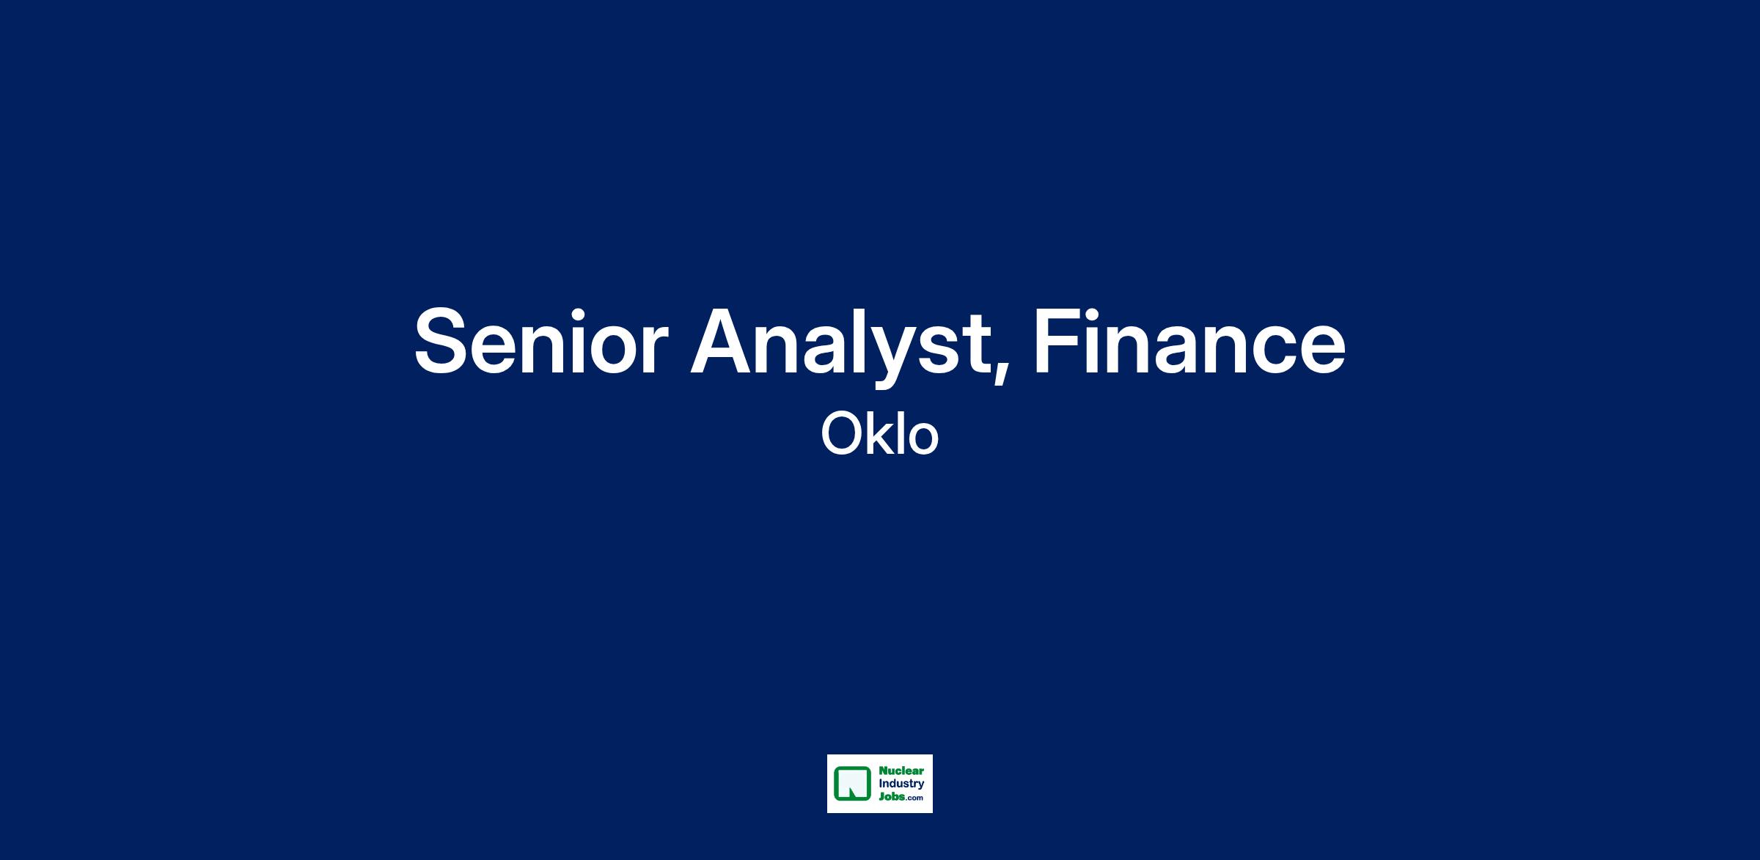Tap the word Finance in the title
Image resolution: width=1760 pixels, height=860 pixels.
[1189, 342]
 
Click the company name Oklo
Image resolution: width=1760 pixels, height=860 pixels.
[879, 434]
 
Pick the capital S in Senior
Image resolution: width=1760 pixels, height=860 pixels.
[442, 342]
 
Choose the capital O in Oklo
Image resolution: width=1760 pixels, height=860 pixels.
[842, 435]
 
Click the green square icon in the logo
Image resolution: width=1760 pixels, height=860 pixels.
[852, 784]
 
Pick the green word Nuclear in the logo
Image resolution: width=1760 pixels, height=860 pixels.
[901, 771]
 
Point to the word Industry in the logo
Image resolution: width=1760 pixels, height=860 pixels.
[901, 784]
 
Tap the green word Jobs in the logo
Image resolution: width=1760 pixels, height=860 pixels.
[891, 796]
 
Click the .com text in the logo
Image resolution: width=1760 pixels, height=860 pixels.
[914, 798]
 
